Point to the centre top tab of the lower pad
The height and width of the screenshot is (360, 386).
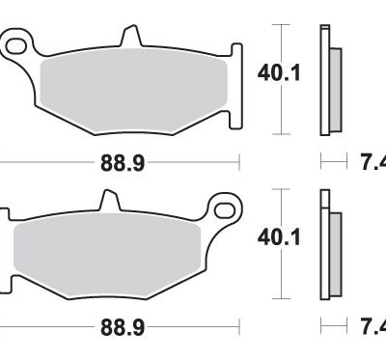pyautogui.click(x=108, y=202)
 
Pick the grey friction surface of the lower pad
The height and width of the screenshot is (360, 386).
pyautogui.click(x=111, y=246)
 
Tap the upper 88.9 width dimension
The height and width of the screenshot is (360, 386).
pyautogui.click(x=124, y=163)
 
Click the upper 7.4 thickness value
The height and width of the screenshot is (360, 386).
pyautogui.click(x=373, y=163)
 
